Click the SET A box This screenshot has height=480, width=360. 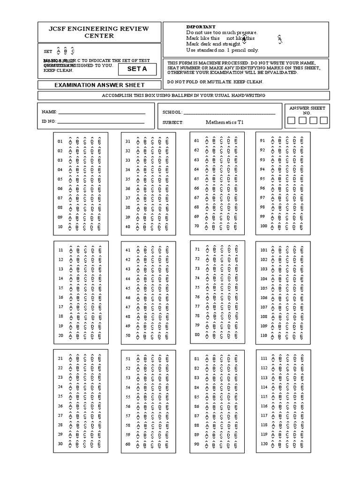coord(137,69)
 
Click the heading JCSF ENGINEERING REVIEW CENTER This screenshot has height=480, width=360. coord(99,32)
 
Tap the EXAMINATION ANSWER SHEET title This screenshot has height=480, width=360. coord(99,85)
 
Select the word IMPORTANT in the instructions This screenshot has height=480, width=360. coord(201,27)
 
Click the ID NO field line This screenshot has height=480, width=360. coord(101,122)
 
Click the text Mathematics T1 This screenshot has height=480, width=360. coord(225,122)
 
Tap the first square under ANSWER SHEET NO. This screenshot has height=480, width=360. coord(292,121)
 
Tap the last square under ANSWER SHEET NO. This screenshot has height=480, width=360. coord(324,121)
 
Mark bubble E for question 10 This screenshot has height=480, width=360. coord(99,227)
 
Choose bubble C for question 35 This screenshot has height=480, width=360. coord(152,179)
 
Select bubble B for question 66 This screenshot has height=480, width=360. coord(214,188)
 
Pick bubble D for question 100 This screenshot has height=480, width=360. coord(294,226)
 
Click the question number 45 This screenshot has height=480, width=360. coord(127,288)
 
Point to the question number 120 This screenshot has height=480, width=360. coord(264,443)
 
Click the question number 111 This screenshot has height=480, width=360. coord(264,358)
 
